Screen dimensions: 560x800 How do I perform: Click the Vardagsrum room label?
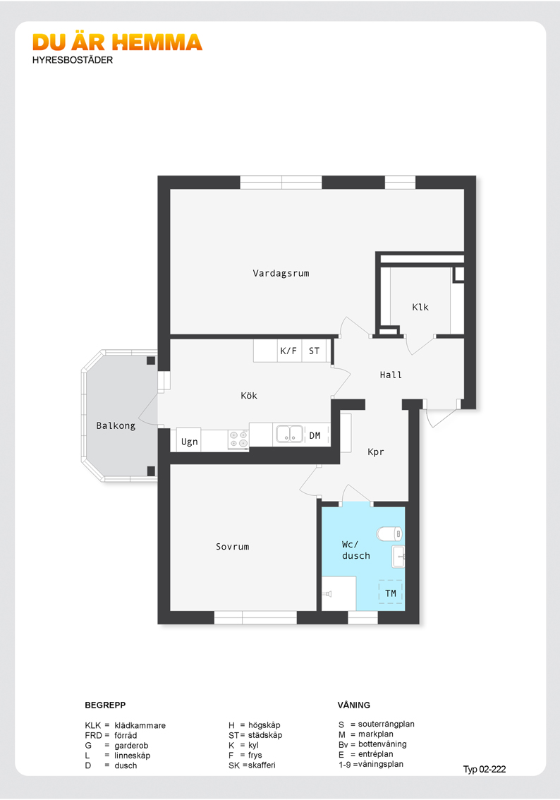pos(281,274)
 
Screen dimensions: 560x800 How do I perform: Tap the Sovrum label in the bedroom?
pos(233,547)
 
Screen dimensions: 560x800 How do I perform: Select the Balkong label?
pos(116,426)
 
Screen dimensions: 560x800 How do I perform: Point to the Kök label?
pos(249,395)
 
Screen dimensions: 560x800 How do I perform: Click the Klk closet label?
pos(420,307)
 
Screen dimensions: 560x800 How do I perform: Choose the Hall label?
pos(391,375)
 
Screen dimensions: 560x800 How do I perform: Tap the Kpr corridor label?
pos(376,452)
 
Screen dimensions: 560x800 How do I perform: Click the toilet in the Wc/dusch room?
pos(389,534)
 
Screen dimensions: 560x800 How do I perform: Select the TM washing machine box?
pos(391,593)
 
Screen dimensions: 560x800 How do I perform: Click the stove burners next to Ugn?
pos(238,440)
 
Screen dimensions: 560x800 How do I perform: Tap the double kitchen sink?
pos(289,434)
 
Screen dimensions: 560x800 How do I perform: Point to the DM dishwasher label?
pos(315,436)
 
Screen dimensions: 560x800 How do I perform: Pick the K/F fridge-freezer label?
pos(288,351)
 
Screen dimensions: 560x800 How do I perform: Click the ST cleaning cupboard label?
pos(314,351)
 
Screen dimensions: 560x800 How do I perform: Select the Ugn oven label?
pos(189,442)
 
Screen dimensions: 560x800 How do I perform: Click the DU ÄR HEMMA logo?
pos(117,42)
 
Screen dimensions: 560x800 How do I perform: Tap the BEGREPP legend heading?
pos(105,705)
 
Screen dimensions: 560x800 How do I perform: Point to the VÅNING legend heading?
pos(354,705)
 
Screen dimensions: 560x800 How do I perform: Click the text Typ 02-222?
pos(485,770)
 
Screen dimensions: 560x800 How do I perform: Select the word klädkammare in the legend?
pos(140,725)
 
